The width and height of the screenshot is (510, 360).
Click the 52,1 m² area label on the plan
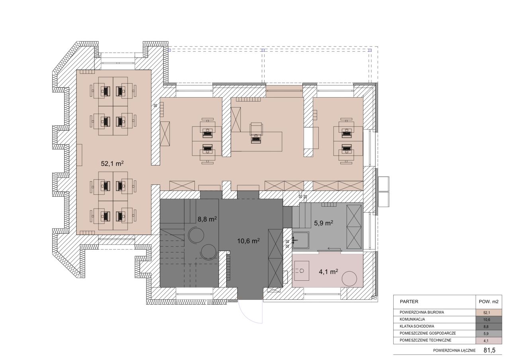[x=112, y=163]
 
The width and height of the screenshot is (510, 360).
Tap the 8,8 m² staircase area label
[x=207, y=219]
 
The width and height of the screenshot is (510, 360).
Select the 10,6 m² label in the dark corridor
[x=248, y=241]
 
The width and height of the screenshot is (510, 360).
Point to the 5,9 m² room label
[x=324, y=223]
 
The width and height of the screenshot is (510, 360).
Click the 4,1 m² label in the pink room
[x=328, y=272]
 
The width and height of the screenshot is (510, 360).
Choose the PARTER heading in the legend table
[x=409, y=301]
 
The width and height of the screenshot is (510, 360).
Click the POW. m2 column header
[x=488, y=301]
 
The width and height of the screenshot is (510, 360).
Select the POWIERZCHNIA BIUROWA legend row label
[x=422, y=313]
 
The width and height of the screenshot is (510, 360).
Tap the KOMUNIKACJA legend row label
[x=412, y=319]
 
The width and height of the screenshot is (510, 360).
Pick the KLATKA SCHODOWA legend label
[x=417, y=326]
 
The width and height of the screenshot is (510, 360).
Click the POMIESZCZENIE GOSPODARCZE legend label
[x=428, y=333]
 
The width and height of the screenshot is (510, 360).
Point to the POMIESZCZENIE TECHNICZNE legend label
[x=425, y=340]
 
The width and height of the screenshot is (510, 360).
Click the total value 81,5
[x=489, y=350]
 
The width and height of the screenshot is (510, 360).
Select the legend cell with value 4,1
[x=488, y=340]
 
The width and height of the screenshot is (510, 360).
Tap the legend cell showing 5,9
[x=488, y=334]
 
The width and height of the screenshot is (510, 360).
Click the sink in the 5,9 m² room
[x=300, y=240]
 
